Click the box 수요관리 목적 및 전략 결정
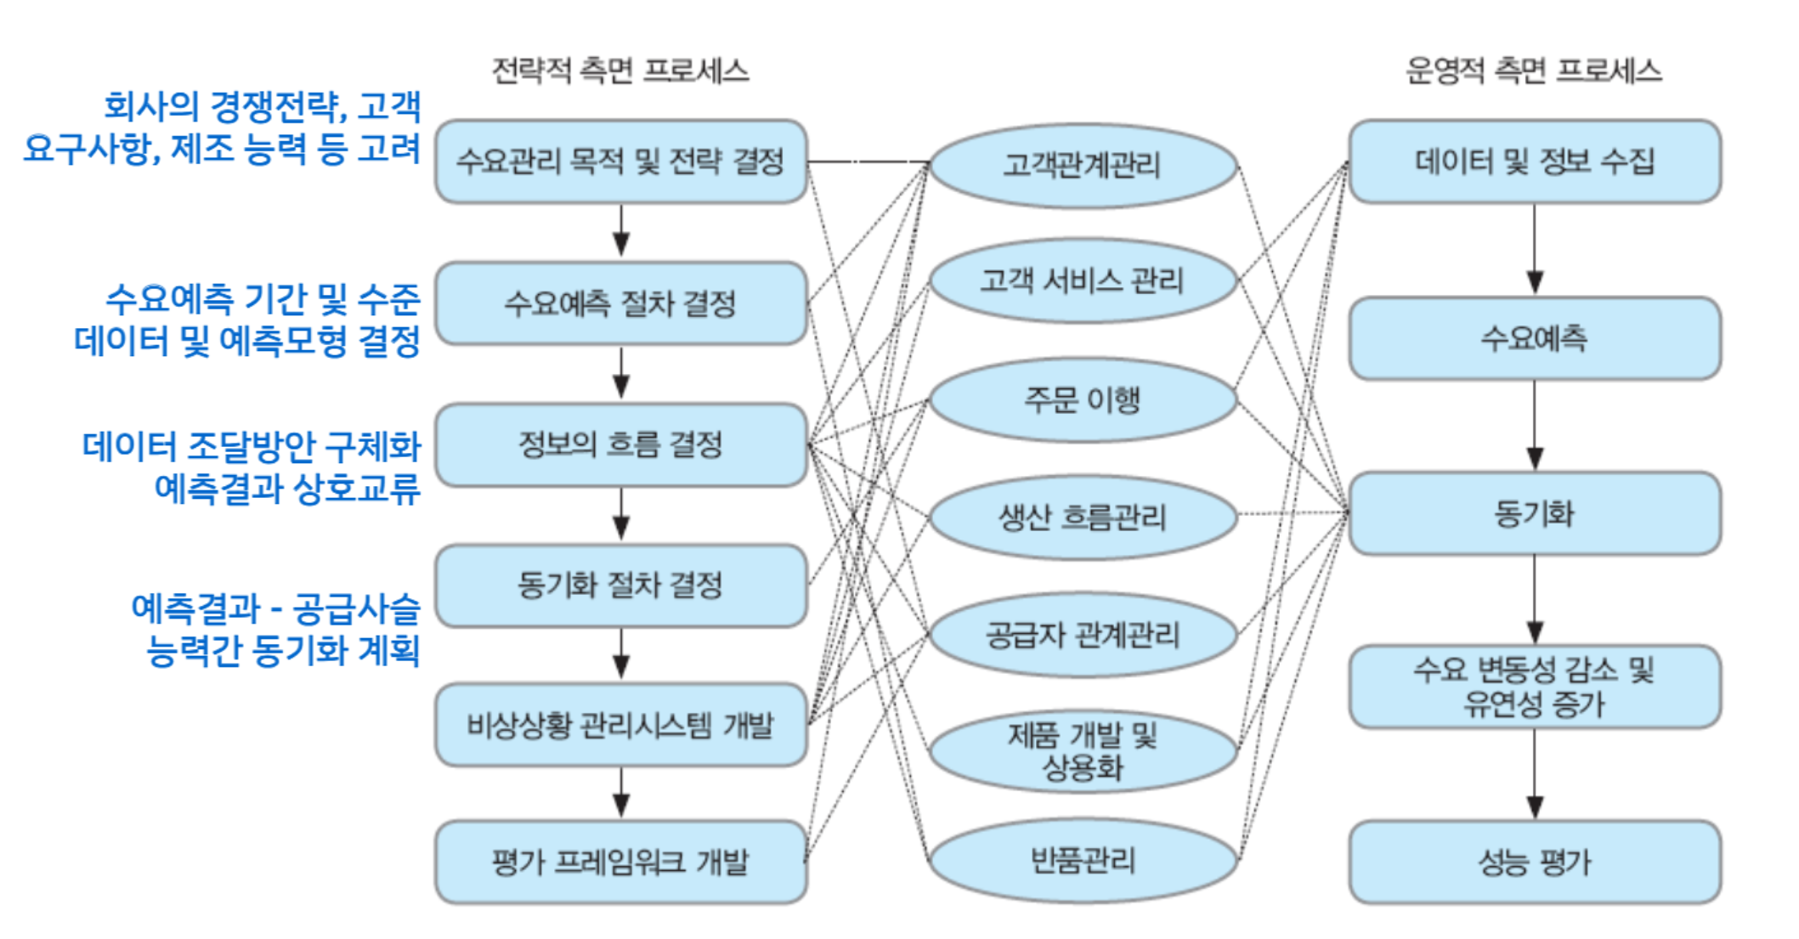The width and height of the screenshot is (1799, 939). pos(620,161)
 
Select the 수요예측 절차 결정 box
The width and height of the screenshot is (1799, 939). pos(620,303)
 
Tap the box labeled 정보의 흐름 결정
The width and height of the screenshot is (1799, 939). pos(620,444)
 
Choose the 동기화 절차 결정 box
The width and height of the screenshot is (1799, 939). pos(620,585)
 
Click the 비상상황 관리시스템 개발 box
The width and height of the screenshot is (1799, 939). pos(620,725)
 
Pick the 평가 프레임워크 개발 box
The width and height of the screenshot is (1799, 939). pos(620,862)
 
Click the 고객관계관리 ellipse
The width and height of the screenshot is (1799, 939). pos(1083,166)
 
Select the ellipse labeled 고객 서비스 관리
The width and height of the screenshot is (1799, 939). pos(1083,280)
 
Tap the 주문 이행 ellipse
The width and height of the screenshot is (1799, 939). pos(1083,399)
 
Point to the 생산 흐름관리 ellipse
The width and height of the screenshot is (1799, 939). pos(1083,517)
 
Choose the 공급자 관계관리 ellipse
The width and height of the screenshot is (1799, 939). pos(1083,635)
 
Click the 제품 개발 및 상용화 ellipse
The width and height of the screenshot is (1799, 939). pos(1083,751)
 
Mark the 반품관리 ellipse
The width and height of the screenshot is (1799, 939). pos(1083,861)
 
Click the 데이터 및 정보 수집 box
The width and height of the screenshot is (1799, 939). pos(1534,161)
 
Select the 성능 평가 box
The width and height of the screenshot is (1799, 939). pos(1534,862)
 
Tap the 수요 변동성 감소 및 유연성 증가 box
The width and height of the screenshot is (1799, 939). pos(1534,687)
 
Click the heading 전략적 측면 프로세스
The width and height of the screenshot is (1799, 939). pos(620,71)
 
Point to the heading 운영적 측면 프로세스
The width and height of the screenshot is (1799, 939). pos(1534,71)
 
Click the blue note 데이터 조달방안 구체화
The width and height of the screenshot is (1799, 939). pos(252,447)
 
